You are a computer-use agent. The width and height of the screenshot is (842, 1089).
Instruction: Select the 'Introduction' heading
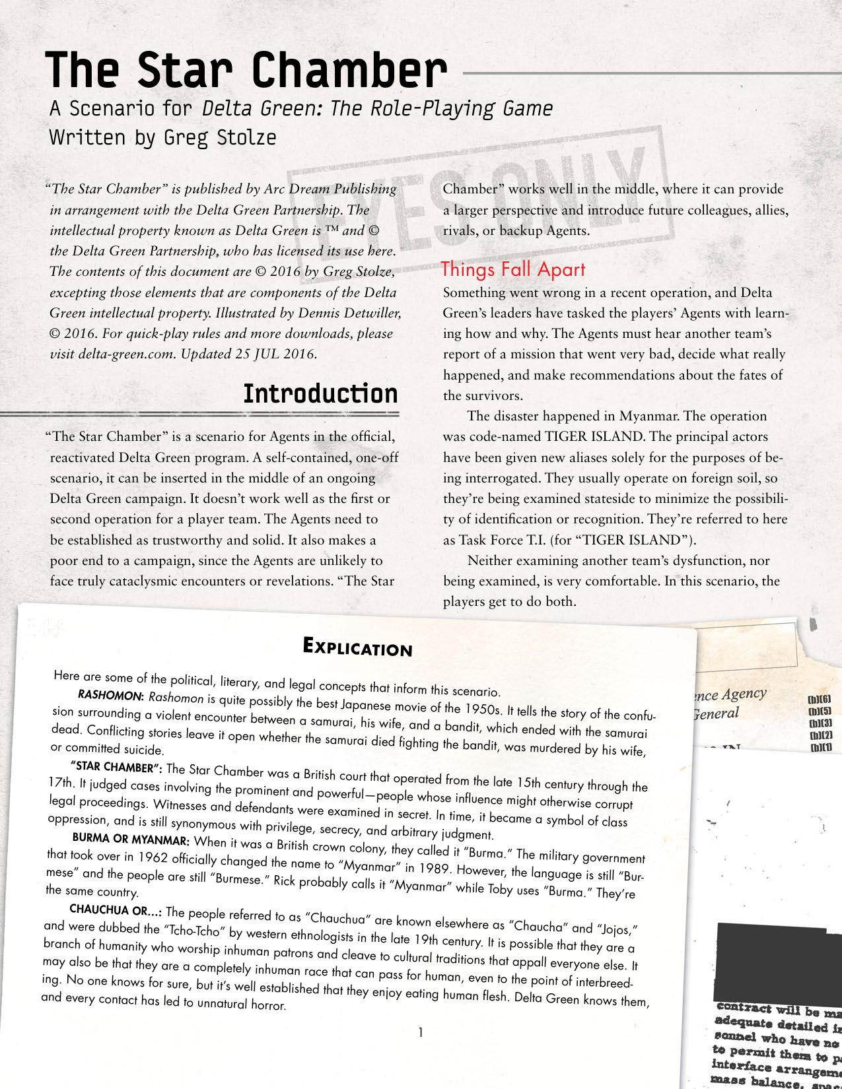tap(320, 393)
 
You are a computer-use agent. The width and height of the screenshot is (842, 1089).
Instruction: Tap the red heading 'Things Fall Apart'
tap(512, 269)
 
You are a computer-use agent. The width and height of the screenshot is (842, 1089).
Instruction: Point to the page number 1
tap(421, 1031)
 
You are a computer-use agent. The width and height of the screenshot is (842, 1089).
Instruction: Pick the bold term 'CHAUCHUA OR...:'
tap(116, 910)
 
